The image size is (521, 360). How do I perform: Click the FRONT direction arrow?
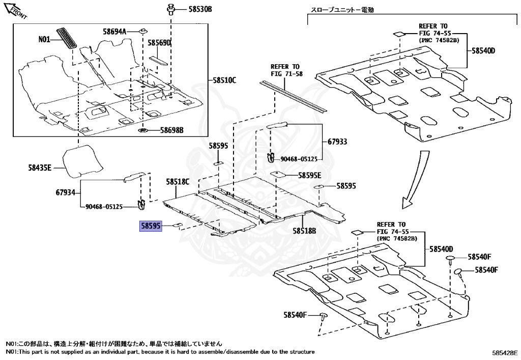[15, 10]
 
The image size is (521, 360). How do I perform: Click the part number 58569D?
[159, 43]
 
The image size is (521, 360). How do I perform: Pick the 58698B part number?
[171, 130]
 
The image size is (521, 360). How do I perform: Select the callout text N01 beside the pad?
[45, 39]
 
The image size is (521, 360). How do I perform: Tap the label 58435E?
[40, 166]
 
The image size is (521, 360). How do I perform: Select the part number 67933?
[337, 142]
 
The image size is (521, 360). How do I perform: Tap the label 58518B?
[304, 231]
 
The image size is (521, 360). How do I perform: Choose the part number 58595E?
[310, 175]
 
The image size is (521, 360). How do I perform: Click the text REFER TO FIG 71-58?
[286, 70]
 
